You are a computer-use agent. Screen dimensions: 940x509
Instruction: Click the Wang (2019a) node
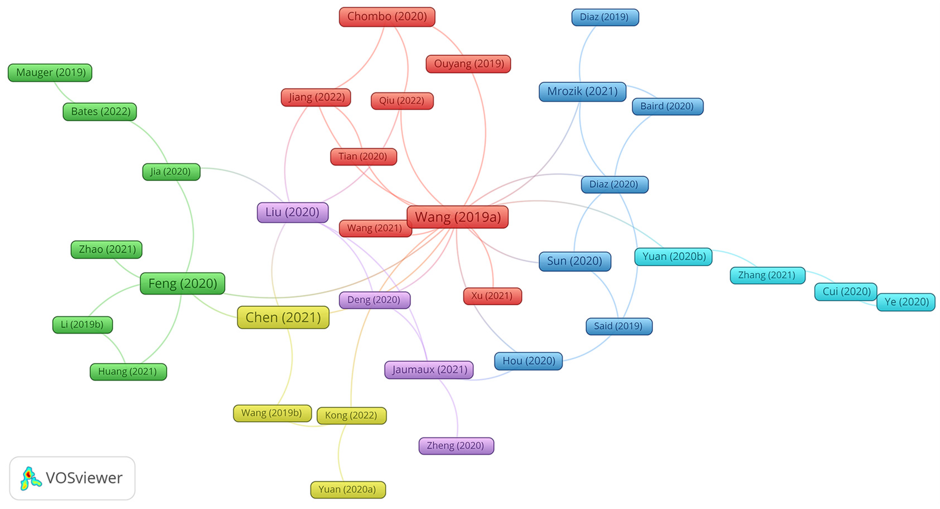[x=458, y=217]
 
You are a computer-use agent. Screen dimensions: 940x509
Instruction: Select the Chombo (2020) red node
[x=387, y=17]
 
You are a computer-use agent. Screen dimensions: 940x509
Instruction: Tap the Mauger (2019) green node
[x=50, y=73]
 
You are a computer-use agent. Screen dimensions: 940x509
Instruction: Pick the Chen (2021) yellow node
[x=283, y=317]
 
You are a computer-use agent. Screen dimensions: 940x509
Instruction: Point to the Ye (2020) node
[x=906, y=302]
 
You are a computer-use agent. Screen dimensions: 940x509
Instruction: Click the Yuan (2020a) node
[x=347, y=490]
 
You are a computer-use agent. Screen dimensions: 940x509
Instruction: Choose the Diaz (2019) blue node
[x=605, y=17]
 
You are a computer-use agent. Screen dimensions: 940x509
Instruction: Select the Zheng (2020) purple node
[x=456, y=446]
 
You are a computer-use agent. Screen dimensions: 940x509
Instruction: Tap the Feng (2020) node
[x=182, y=283]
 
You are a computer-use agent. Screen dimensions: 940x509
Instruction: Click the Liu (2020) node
[x=292, y=212]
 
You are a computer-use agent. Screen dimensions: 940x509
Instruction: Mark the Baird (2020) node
[x=667, y=107]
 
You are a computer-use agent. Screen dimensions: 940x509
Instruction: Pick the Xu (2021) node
[x=492, y=296]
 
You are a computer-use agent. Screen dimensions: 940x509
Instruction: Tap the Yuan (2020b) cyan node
[x=673, y=257]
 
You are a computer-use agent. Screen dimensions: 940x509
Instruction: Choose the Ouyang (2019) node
[x=468, y=64]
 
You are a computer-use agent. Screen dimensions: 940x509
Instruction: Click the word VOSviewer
[x=84, y=478]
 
